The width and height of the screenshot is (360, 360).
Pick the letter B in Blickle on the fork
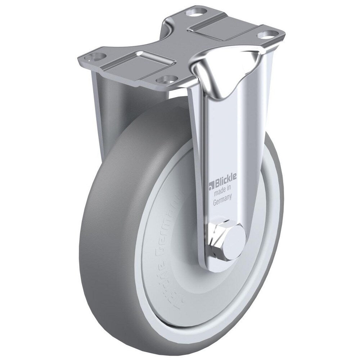click(217, 185)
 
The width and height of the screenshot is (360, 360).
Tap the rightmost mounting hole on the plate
click(267, 35)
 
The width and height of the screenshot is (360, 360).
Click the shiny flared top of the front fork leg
click(227, 72)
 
